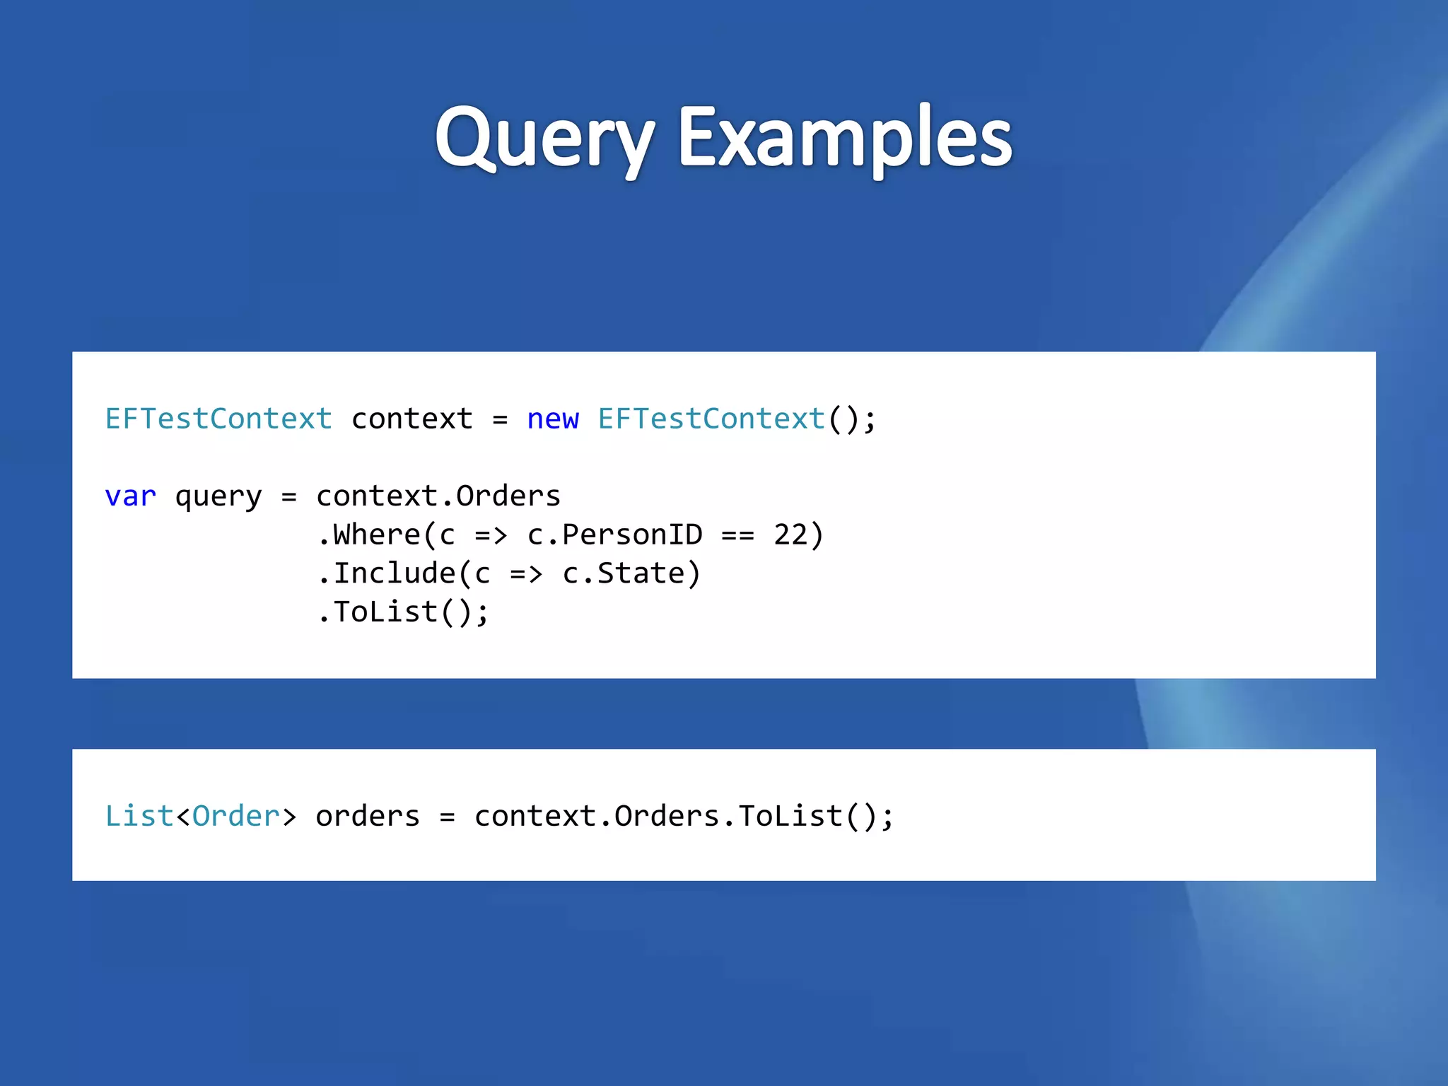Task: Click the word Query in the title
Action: click(x=544, y=138)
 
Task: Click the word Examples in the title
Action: click(x=845, y=138)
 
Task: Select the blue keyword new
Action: click(x=553, y=419)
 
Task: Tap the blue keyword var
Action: click(x=130, y=496)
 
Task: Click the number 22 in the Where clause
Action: click(x=790, y=535)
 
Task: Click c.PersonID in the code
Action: click(x=614, y=535)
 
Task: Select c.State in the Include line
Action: click(x=623, y=573)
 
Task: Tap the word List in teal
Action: click(x=139, y=816)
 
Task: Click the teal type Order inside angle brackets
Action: click(x=236, y=816)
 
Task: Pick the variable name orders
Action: click(x=368, y=816)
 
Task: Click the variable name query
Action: click(x=218, y=496)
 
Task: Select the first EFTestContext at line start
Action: click(x=218, y=419)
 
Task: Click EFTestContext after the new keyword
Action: click(x=711, y=419)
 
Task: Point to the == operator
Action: click(x=737, y=535)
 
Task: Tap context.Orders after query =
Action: click(x=438, y=496)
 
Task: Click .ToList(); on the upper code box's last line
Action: click(x=402, y=612)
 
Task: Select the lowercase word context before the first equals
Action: click(x=411, y=419)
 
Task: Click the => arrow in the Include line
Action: click(x=526, y=573)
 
